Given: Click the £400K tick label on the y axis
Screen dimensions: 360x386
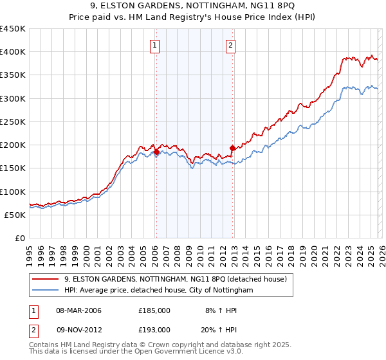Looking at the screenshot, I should tap(13, 52).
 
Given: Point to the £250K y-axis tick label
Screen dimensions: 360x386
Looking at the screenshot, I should tap(13, 122).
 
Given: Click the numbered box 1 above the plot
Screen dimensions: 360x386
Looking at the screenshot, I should tap(156, 45).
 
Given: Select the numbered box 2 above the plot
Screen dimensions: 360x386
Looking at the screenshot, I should tap(230, 45).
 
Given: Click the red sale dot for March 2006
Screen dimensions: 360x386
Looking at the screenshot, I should tap(156, 152).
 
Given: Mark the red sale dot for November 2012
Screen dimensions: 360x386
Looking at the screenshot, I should tap(232, 148).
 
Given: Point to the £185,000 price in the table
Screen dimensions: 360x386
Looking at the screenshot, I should tap(154, 310).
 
